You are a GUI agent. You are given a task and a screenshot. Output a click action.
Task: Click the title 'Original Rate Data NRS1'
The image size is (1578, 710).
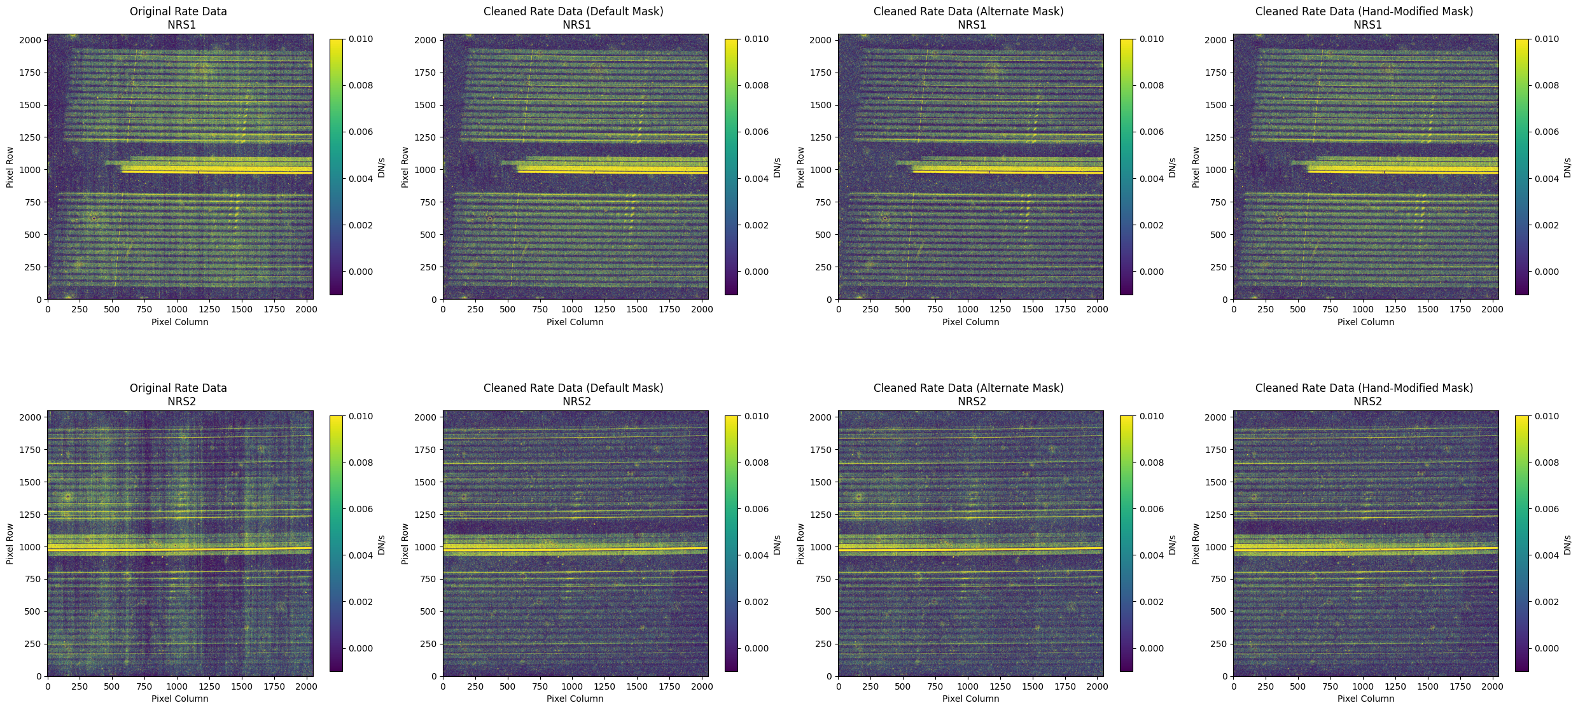[x=178, y=18]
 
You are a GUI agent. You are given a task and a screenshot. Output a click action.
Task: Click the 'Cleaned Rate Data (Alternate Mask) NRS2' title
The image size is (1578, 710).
[x=968, y=394]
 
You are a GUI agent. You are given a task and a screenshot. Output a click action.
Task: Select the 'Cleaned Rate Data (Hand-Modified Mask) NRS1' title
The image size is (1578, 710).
[x=1364, y=18]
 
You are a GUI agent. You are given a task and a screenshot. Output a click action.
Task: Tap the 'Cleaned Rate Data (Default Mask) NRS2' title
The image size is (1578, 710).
[x=573, y=394]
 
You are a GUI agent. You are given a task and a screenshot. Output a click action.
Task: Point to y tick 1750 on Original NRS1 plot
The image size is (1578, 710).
[x=30, y=73]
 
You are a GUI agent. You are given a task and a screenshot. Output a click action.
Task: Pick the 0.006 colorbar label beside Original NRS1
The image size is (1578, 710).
[x=361, y=132]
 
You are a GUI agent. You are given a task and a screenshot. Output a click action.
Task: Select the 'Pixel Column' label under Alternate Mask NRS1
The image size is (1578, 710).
[x=970, y=322]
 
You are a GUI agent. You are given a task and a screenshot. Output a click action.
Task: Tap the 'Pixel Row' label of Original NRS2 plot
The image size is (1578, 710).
[x=10, y=543]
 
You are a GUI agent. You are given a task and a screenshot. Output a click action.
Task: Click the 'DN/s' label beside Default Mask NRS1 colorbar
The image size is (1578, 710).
[x=777, y=167]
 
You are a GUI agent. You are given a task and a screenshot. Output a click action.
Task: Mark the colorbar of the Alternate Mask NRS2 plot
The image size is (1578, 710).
[x=1126, y=543]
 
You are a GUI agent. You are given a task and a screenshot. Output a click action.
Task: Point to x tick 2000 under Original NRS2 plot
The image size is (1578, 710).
[x=306, y=686]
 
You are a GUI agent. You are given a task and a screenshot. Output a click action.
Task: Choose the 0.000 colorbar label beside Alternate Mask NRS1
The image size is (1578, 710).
[x=1152, y=272]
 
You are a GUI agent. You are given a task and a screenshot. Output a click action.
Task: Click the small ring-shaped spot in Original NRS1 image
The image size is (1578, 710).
[x=94, y=218]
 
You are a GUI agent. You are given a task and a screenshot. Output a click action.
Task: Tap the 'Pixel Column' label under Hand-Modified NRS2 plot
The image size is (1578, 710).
[x=1365, y=699]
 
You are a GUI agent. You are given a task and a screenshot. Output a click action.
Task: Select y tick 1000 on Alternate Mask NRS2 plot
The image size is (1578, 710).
[x=820, y=546]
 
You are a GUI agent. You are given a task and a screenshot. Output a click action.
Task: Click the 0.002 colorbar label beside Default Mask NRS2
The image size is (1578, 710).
[x=757, y=602]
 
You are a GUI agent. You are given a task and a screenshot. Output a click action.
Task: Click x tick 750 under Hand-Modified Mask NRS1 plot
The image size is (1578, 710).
[x=1330, y=309]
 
